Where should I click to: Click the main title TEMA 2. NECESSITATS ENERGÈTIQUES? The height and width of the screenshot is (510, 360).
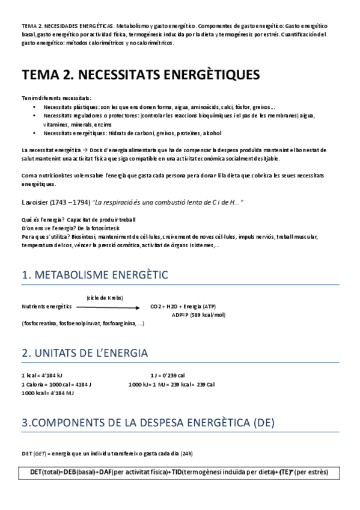(141, 75)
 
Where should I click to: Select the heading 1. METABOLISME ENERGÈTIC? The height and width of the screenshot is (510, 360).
(95, 275)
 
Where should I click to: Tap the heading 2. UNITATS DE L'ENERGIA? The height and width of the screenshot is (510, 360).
(85, 353)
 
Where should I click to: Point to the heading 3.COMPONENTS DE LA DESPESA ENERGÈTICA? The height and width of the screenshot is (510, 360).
(148, 423)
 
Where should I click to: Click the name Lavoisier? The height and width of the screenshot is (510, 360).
(37, 203)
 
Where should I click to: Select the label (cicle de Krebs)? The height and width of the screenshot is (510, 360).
(105, 298)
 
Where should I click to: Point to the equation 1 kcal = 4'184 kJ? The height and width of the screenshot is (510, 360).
(42, 376)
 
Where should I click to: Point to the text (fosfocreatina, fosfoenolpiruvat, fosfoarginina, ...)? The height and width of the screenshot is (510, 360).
(83, 324)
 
